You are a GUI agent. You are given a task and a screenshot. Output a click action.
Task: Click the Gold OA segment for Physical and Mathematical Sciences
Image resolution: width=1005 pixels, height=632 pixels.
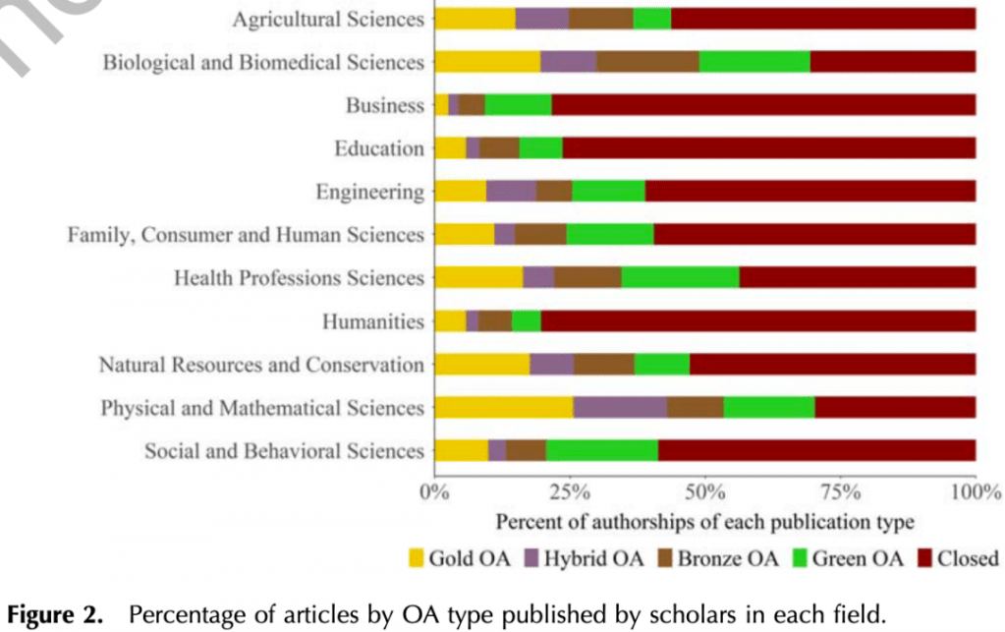click(x=504, y=408)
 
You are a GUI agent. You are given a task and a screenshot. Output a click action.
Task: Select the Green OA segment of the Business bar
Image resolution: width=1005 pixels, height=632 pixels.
click(x=518, y=105)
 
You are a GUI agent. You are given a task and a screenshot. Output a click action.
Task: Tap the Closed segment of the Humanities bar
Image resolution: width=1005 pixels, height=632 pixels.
click(x=757, y=321)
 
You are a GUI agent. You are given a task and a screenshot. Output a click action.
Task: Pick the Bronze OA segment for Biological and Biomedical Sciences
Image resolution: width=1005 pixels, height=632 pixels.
click(x=647, y=62)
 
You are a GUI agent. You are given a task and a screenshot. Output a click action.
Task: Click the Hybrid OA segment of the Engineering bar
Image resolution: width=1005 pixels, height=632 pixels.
click(x=511, y=192)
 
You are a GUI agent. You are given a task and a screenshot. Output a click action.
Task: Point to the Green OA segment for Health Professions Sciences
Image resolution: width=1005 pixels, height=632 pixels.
click(x=680, y=278)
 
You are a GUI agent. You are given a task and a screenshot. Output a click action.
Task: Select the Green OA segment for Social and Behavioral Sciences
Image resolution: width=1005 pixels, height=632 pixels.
click(x=601, y=451)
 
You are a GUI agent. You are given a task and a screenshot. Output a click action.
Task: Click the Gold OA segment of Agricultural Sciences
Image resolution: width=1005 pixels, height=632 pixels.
click(x=475, y=19)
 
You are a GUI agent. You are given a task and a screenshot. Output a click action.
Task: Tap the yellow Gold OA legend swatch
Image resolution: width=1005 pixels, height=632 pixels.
click(x=418, y=560)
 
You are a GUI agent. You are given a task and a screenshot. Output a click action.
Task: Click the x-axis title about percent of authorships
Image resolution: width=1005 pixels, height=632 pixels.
click(x=704, y=521)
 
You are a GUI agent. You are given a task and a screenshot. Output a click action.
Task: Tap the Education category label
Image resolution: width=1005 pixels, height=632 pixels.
click(x=379, y=148)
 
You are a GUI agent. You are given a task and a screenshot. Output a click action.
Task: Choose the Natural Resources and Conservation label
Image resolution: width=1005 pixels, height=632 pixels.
click(x=261, y=365)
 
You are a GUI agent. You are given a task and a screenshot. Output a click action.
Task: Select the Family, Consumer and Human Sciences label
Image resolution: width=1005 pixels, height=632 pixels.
click(x=246, y=235)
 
